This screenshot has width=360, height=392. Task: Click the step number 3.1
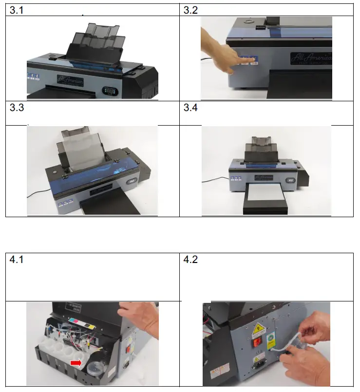tap(17, 10)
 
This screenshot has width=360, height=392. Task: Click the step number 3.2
tap(190, 10)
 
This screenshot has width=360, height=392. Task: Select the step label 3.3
tap(17, 108)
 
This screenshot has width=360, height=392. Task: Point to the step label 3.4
tap(190, 108)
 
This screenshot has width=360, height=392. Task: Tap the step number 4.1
tap(17, 260)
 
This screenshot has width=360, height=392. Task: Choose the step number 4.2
tap(190, 260)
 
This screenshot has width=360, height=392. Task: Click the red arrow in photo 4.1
tap(76, 363)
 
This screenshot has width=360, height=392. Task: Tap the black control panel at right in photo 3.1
tap(110, 91)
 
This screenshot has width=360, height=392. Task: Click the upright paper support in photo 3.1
tap(95, 41)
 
